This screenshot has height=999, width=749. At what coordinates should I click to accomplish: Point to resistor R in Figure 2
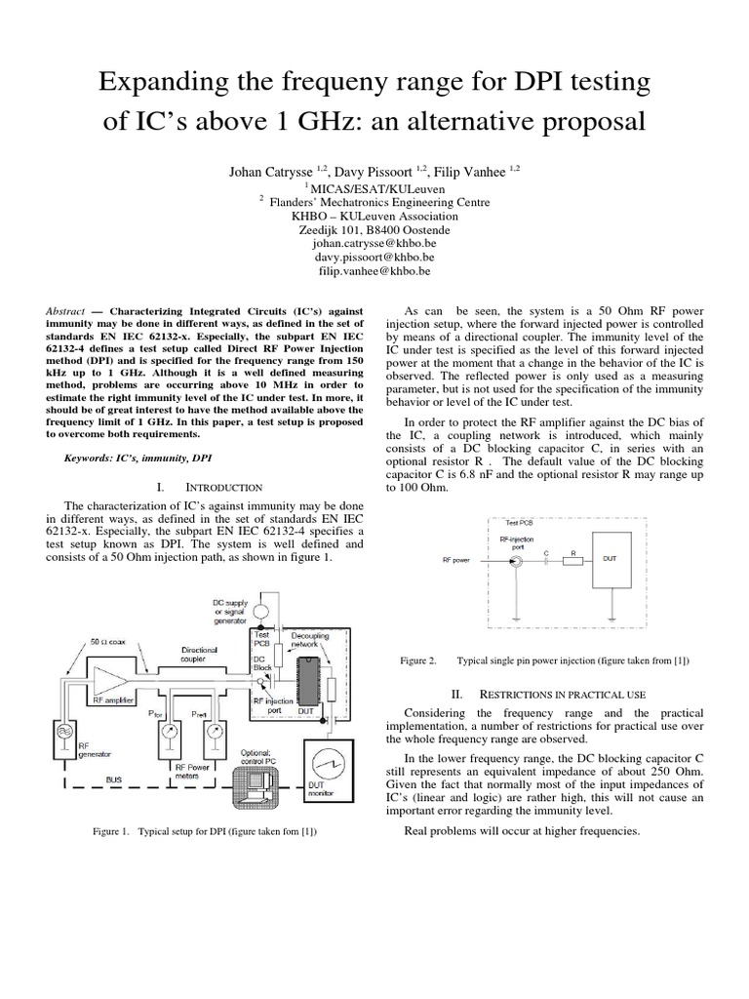[x=573, y=559]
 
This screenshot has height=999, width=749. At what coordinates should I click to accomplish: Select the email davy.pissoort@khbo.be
[x=374, y=257]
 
